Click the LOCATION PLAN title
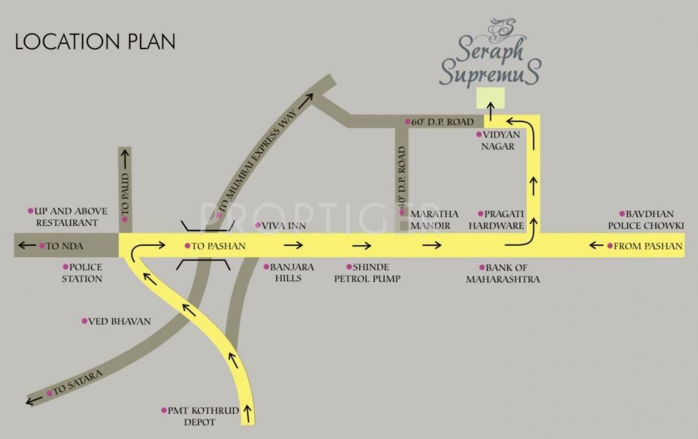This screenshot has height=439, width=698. click(95, 42)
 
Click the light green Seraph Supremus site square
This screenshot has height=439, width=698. click(490, 98)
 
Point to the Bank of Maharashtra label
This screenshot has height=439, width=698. click(503, 273)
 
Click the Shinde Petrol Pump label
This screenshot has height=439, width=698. click(367, 273)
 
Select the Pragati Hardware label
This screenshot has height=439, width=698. click(496, 219)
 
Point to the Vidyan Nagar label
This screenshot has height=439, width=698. click(498, 140)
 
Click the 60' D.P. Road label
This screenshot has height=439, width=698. click(439, 122)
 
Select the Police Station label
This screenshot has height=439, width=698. click(82, 273)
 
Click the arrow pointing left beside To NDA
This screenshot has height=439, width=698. click(26, 246)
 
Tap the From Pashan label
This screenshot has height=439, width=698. click(645, 246)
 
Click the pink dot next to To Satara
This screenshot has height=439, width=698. click(50, 393)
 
